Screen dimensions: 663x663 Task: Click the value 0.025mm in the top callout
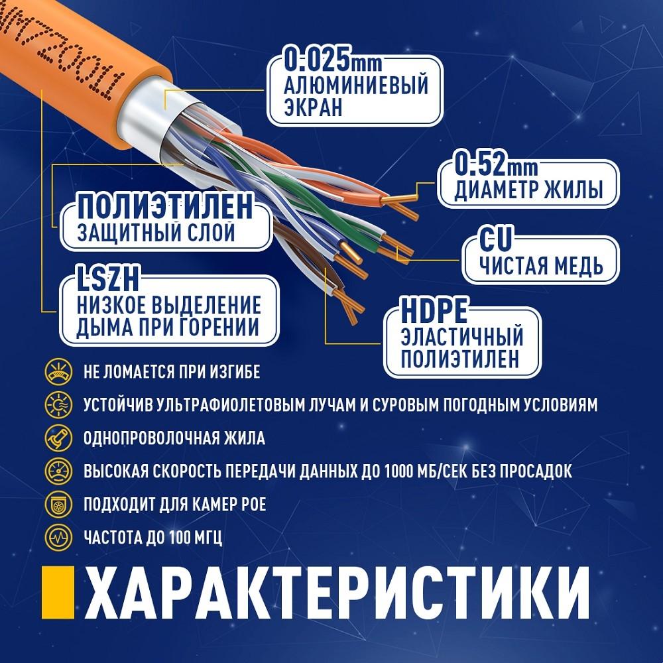(333, 60)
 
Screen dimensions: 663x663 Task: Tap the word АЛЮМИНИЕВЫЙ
(356, 86)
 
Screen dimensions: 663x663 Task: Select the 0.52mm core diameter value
(495, 164)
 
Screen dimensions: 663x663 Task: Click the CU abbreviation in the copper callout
(495, 239)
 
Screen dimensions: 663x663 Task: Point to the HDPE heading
(434, 311)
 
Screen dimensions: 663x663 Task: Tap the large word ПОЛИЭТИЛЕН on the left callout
(165, 207)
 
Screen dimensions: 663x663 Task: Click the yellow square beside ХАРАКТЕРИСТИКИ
(58, 592)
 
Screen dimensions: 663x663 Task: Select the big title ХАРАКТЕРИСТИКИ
(337, 592)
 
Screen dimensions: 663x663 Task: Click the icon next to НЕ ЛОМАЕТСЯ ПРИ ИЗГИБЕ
(58, 372)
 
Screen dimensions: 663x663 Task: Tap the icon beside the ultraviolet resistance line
(58, 404)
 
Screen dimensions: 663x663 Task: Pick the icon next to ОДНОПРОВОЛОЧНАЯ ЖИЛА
(58, 438)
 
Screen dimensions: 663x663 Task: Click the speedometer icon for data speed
(58, 471)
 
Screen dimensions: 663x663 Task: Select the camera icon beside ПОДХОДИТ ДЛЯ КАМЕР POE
(58, 504)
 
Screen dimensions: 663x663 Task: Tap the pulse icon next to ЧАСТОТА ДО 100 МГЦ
(58, 538)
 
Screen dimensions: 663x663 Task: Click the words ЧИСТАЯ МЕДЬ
(541, 266)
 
